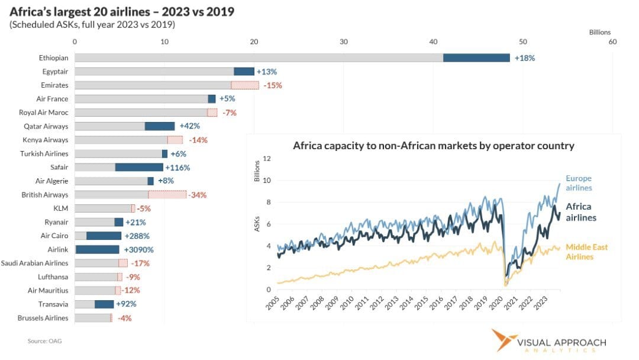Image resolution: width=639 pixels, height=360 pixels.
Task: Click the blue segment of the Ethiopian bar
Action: point(476,57)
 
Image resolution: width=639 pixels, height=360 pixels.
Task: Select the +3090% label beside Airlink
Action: point(141,249)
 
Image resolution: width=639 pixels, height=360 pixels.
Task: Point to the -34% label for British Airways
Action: point(198,195)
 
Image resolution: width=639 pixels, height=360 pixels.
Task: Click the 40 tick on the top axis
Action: point(434,42)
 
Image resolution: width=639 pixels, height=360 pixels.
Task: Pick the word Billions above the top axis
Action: point(600,33)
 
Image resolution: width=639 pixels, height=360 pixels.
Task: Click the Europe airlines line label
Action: point(579,183)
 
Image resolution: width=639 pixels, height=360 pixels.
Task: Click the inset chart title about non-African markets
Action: point(433,146)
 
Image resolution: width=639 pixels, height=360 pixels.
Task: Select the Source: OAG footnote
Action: point(44,341)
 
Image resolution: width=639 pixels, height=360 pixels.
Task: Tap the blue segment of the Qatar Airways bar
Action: point(160,126)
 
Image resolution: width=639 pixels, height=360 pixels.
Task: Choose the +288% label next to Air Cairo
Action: point(137,236)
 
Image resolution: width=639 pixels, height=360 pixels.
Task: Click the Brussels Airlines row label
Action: point(43,318)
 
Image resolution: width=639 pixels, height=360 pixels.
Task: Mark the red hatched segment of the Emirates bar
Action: point(245,85)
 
